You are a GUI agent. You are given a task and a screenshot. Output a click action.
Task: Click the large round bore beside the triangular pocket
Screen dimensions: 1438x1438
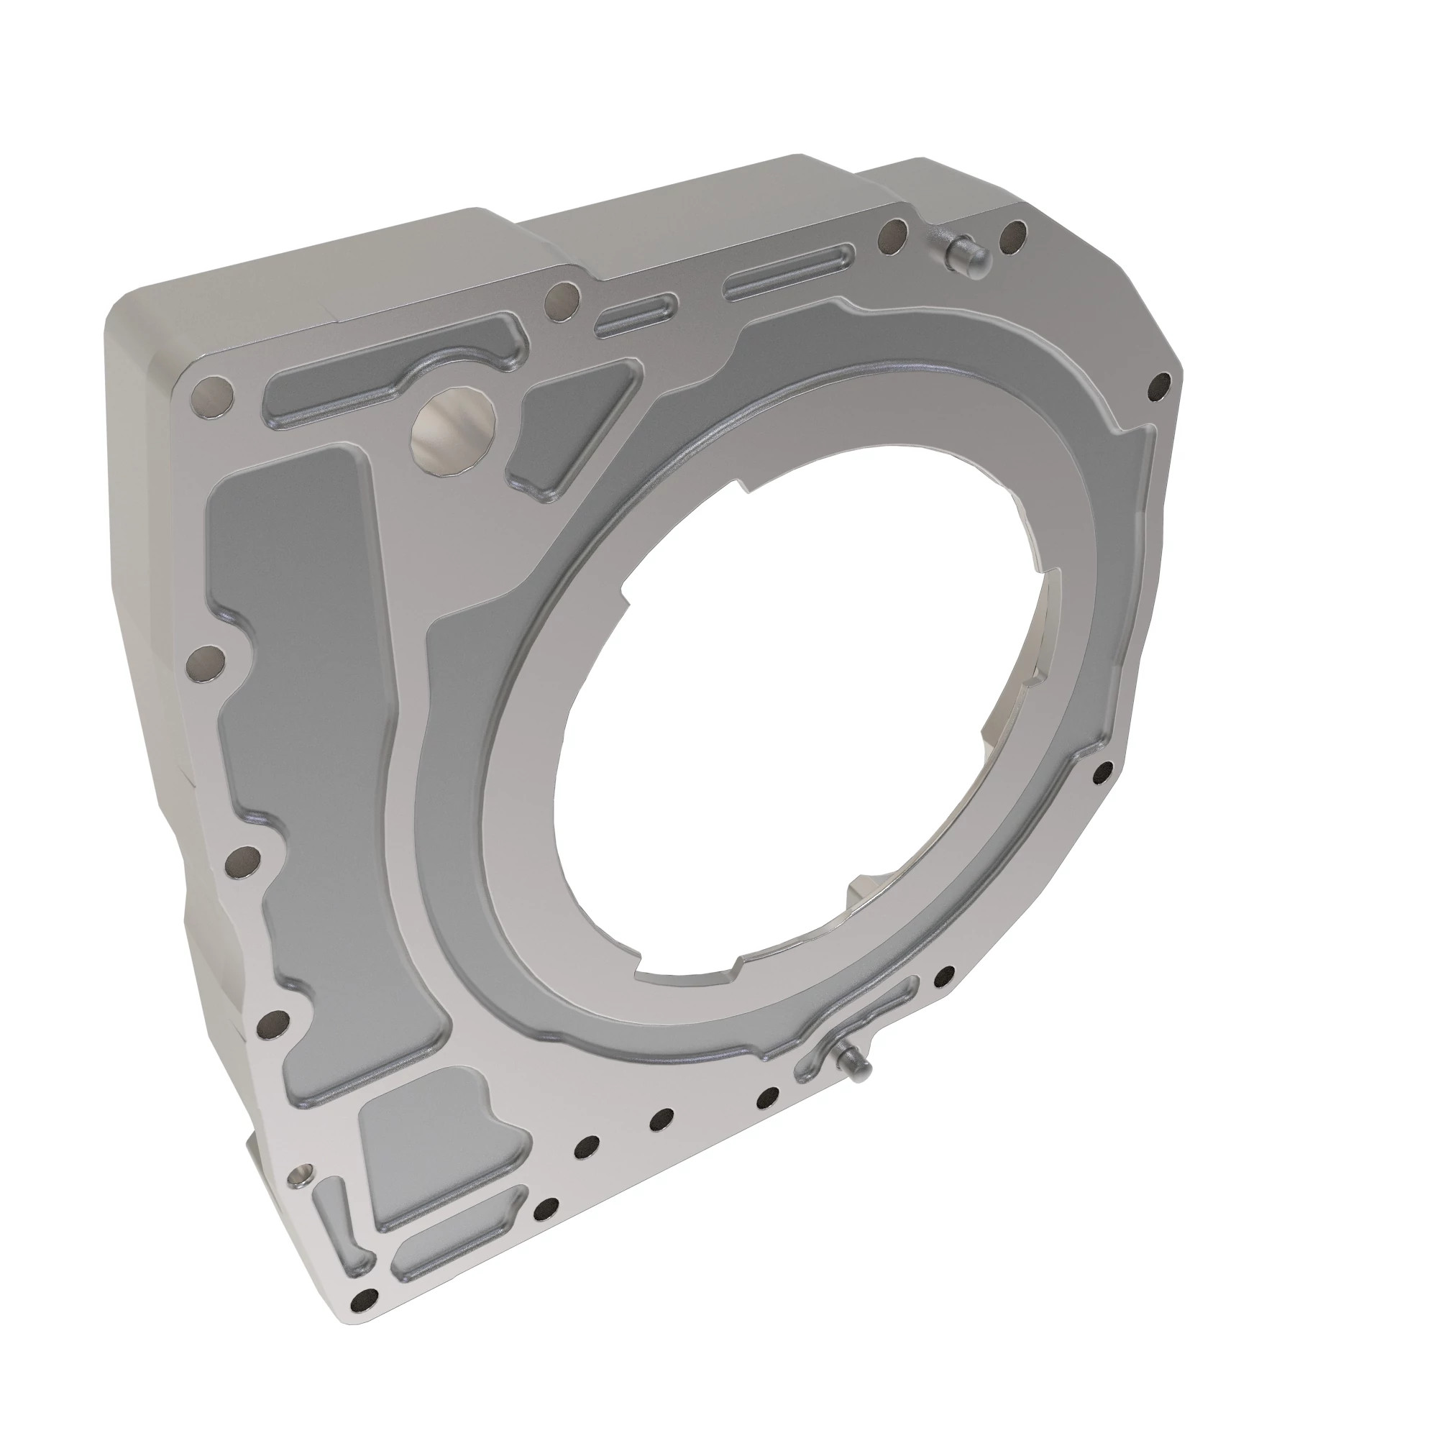(x=454, y=429)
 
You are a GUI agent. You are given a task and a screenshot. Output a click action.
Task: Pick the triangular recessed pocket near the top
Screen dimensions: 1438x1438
(x=569, y=428)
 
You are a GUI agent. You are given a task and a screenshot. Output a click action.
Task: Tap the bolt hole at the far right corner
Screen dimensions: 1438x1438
(x=1159, y=385)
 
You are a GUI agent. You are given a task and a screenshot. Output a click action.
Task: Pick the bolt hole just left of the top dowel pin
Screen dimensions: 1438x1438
(x=892, y=235)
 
